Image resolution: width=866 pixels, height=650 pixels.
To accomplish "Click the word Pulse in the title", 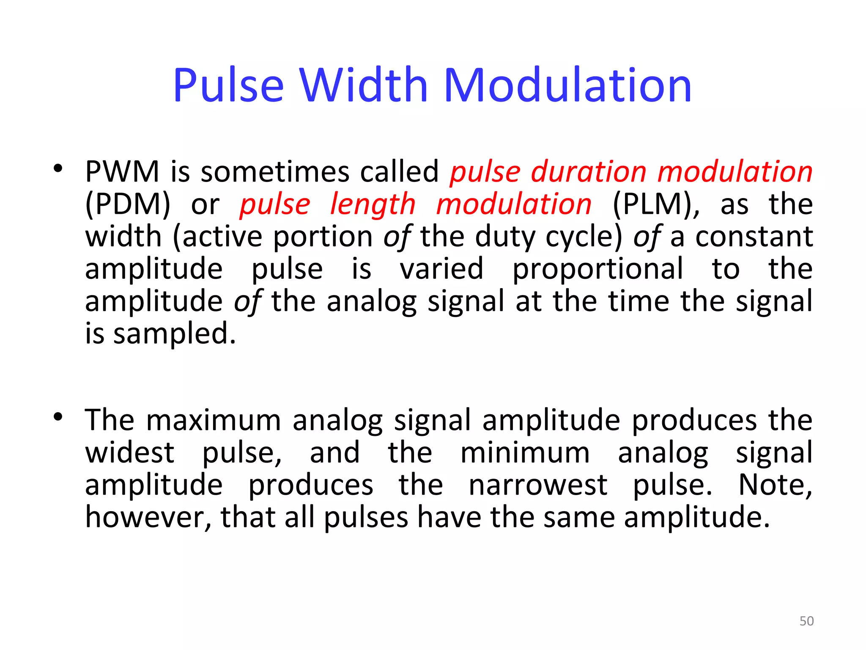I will coord(228,85).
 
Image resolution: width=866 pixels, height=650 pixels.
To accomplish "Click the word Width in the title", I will coord(364,85).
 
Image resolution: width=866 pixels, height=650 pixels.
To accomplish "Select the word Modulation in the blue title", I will coord(567,85).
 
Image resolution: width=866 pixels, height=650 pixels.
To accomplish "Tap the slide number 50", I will coord(806,621).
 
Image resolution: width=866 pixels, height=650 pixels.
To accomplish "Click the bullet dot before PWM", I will coord(58,169).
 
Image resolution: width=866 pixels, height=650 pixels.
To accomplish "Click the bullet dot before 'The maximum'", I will coord(58,417).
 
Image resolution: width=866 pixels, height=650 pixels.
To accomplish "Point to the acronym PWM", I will coord(122,172).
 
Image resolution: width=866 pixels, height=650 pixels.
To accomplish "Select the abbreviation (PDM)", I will coord(128,204).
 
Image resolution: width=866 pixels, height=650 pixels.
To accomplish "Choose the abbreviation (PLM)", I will coord(656,204).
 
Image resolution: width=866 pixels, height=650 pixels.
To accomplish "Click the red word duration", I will coord(589,172).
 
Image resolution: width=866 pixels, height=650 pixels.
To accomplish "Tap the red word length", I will coord(373,204).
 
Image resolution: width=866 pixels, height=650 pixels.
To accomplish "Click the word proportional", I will coord(597,269).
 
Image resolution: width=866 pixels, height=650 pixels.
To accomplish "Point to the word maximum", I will coord(214,420).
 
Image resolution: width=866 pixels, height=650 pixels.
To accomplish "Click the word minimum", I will coord(525,453).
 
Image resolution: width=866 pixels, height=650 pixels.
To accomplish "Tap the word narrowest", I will coord(538,485).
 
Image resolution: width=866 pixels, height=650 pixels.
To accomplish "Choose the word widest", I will coord(130,453).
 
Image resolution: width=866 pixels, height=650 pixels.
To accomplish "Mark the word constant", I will coord(754,237).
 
